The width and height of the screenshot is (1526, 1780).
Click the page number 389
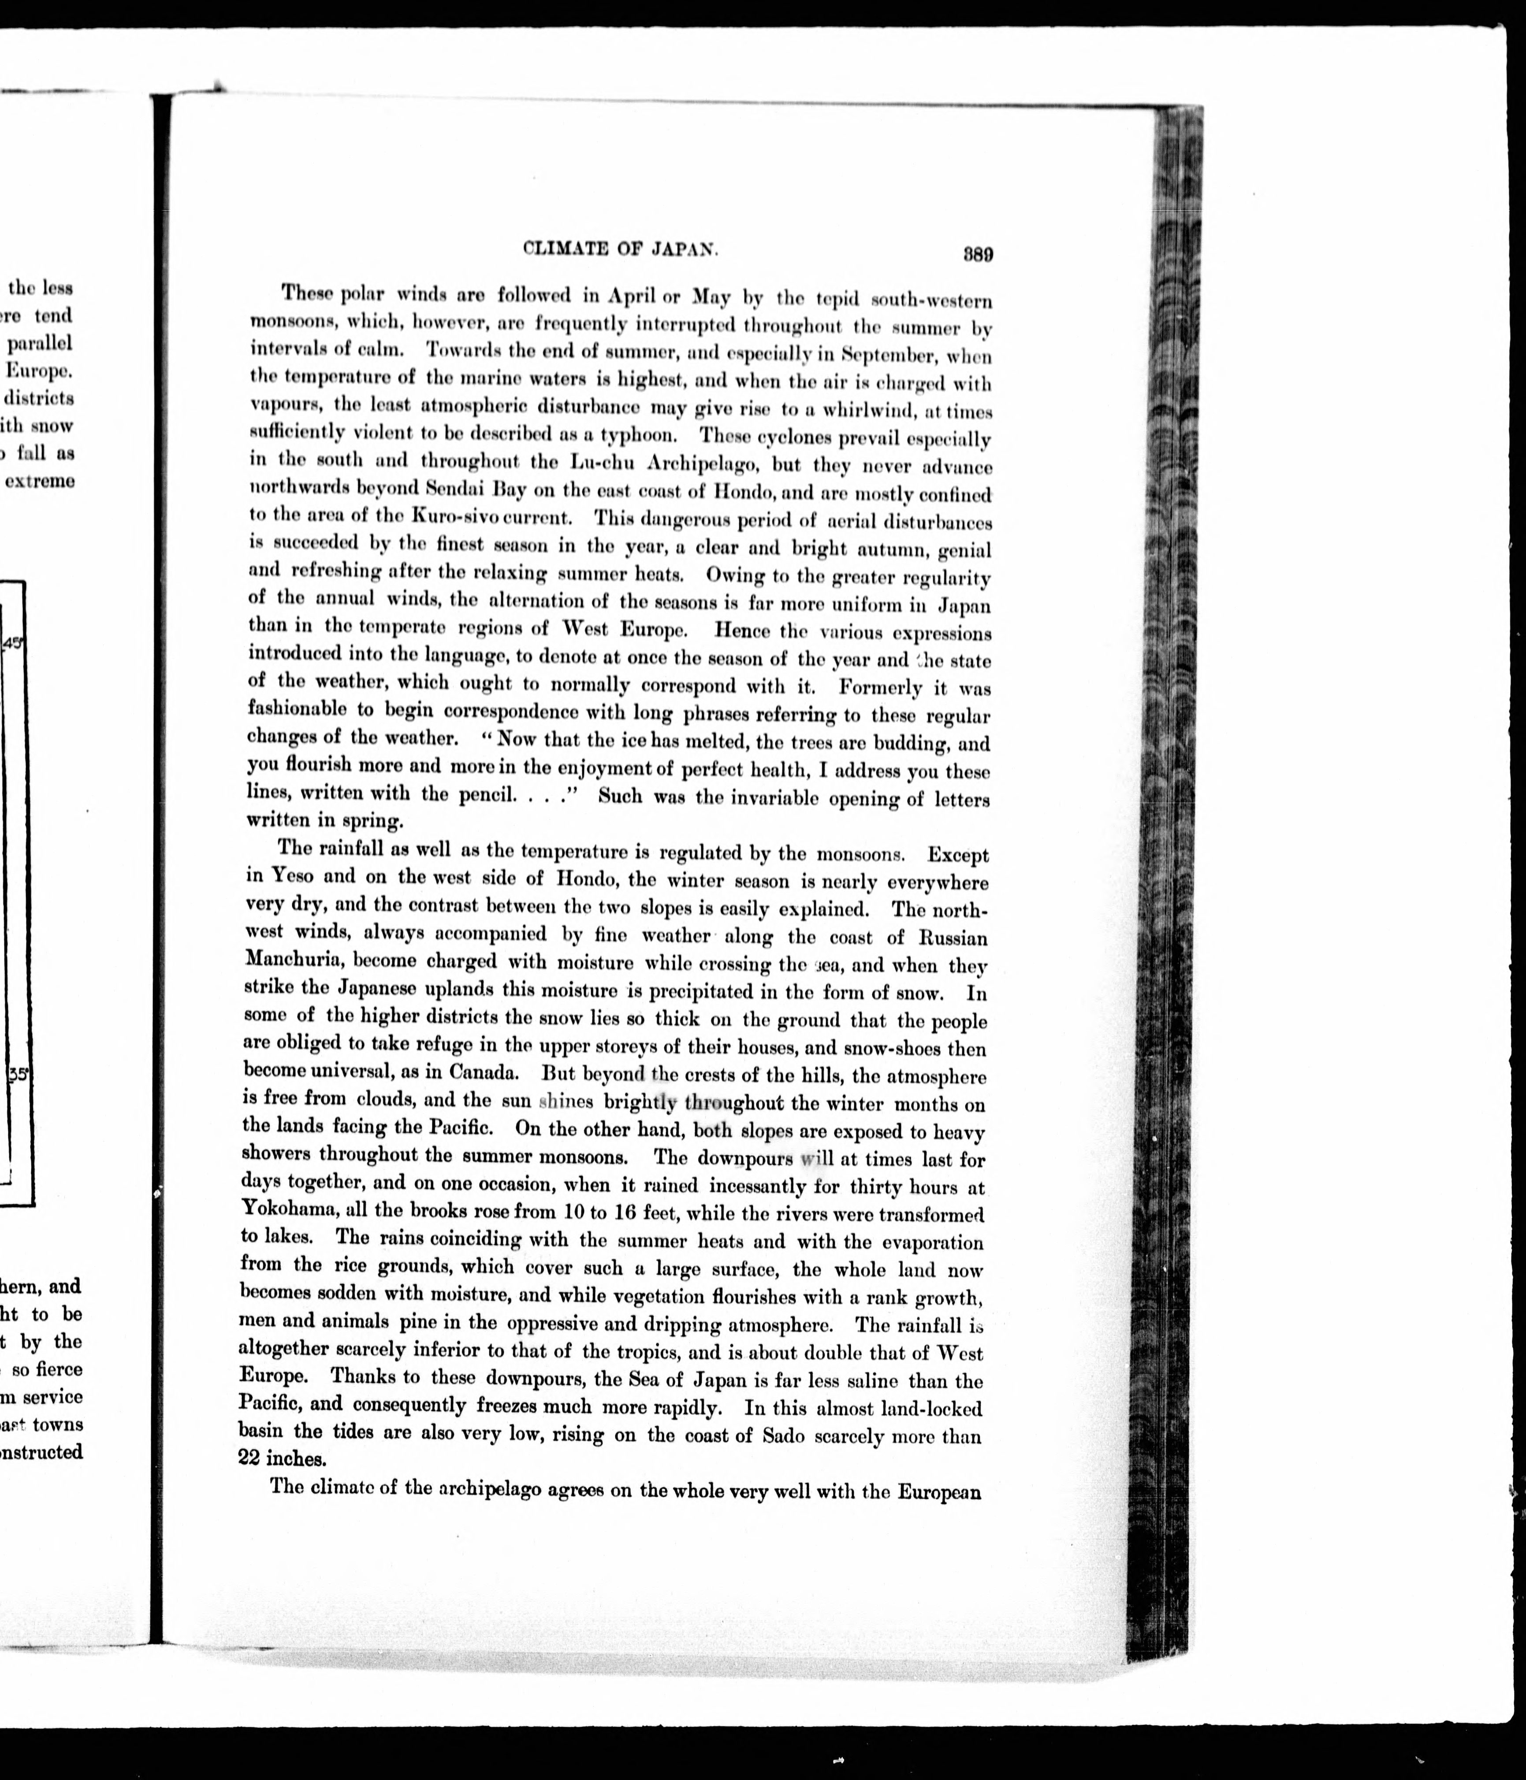coord(978,254)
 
